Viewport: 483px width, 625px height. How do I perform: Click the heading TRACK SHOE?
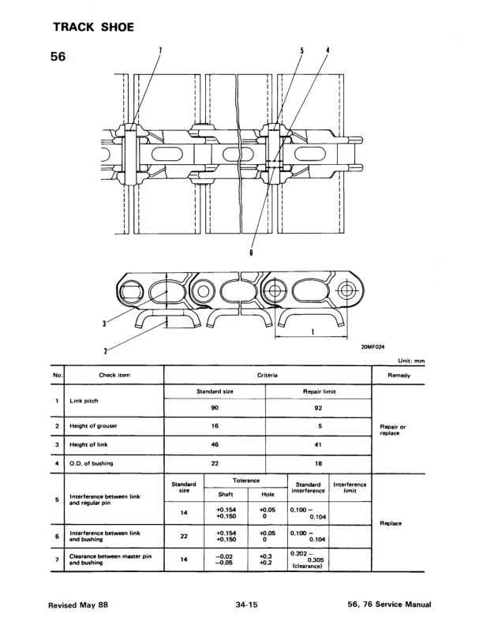point(94,27)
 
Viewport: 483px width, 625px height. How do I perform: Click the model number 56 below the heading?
point(58,57)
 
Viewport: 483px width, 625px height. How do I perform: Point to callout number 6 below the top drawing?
point(251,253)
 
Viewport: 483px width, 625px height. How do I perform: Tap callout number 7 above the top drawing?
point(160,51)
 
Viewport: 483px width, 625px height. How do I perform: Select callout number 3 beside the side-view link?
point(104,324)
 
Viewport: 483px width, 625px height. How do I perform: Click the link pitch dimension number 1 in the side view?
point(313,331)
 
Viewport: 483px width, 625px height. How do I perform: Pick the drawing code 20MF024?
point(373,346)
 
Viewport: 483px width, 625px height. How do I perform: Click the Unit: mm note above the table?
point(411,361)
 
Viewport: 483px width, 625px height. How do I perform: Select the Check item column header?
point(114,375)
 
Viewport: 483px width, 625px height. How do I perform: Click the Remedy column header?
point(399,375)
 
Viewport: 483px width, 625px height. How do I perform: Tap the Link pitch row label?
point(84,401)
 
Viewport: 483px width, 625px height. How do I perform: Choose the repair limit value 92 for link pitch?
point(318,408)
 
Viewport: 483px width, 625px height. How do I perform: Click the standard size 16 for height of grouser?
point(215,425)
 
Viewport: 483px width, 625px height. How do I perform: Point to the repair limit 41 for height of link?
point(318,444)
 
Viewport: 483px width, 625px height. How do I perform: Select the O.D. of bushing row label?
point(92,463)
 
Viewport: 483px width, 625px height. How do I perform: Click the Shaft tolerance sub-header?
point(226,494)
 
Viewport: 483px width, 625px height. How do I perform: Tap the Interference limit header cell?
point(350,488)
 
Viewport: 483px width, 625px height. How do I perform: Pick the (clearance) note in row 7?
point(307,566)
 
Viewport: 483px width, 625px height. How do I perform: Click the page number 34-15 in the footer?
point(247,604)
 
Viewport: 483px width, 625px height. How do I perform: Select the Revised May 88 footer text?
point(78,604)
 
